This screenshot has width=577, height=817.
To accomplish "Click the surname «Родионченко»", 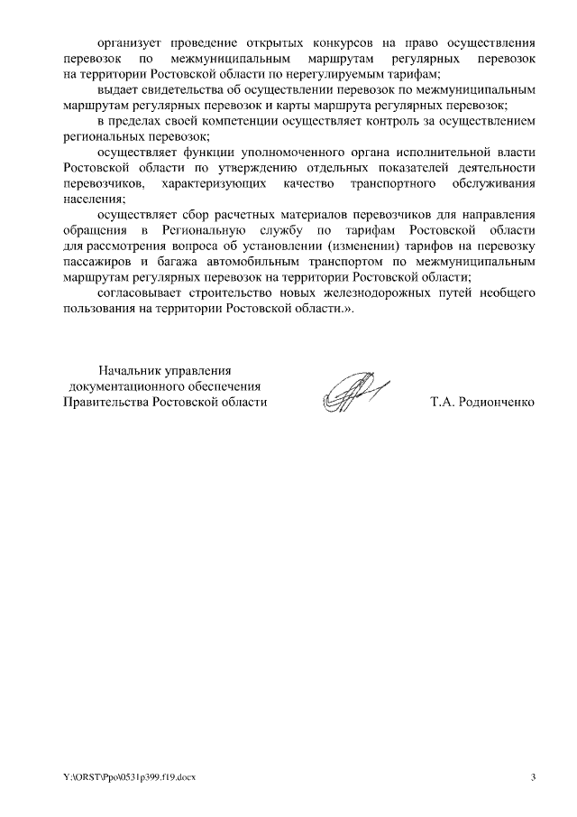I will coord(497,402).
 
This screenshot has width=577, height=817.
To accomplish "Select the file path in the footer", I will coord(128,776).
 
